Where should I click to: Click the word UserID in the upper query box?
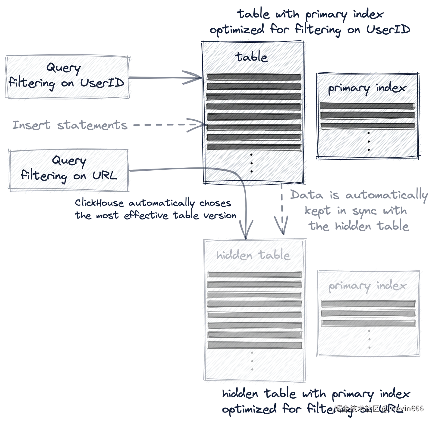[102, 83]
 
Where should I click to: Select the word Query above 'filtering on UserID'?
[64, 68]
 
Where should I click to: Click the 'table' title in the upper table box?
[252, 57]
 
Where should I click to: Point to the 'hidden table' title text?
[253, 255]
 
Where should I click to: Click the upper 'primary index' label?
[367, 88]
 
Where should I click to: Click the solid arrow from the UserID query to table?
[166, 77]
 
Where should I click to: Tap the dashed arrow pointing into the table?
[166, 125]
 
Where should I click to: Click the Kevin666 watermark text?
[407, 409]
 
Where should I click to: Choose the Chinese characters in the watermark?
[357, 409]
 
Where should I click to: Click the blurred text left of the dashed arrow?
[69, 125]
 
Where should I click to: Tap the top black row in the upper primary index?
[367, 106]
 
